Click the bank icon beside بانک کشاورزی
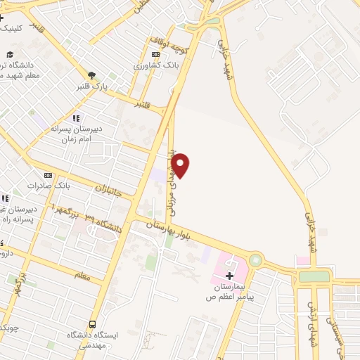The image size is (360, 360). tap(155, 54)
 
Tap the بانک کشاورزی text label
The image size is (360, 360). tap(157, 65)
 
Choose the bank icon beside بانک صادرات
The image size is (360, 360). tap(48, 174)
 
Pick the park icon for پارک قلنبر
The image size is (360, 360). tap(91, 75)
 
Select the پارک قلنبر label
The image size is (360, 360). tap(95, 86)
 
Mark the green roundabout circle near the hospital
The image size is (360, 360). tap(255, 260)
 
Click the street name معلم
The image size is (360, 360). tap(82, 276)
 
